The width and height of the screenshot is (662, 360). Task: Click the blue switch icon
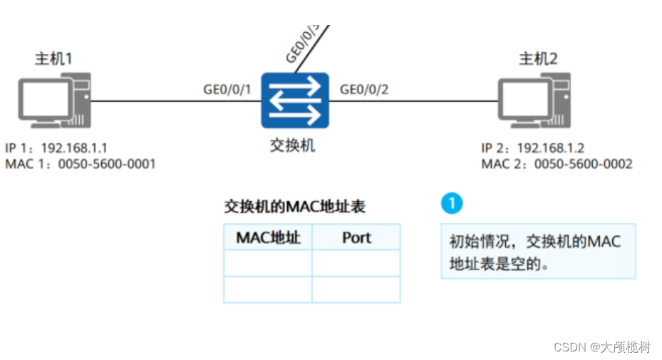[295, 101]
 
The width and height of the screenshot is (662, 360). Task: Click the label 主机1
[54, 58]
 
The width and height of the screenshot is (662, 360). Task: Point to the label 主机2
[538, 58]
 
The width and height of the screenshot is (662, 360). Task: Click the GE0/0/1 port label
[227, 89]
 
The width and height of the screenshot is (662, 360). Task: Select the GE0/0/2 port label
[364, 89]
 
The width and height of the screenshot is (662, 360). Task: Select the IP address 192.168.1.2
[550, 149]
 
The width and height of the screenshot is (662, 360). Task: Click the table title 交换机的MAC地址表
[294, 207]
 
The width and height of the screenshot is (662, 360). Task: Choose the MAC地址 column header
[268, 237]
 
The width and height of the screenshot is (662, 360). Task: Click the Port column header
[356, 237]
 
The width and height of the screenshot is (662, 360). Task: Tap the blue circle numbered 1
[451, 203]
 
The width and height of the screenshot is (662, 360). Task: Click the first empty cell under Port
[356, 263]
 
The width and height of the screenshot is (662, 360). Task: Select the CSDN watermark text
[602, 346]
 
